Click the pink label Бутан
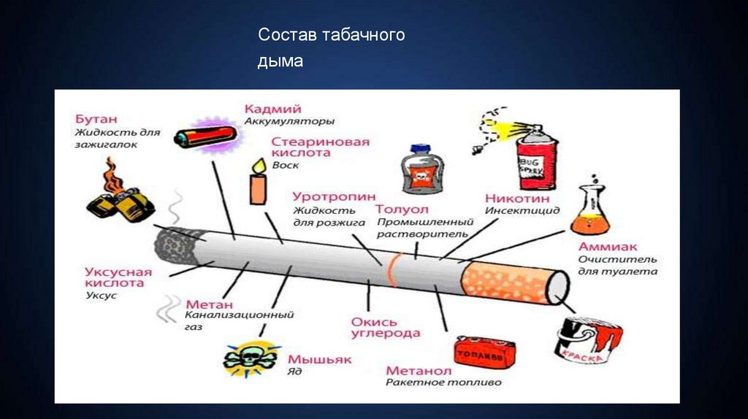click(96, 119)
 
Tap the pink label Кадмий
click(272, 109)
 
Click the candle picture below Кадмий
click(256, 183)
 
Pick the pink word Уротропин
click(334, 196)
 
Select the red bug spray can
click(534, 157)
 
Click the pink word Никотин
click(516, 198)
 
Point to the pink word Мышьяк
click(319, 360)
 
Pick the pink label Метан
click(210, 304)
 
